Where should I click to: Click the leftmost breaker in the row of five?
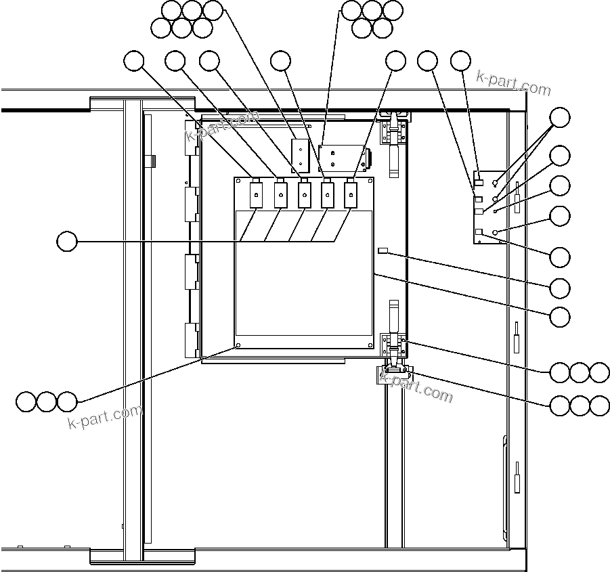[x=257, y=195]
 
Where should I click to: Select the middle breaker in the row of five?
[x=304, y=195]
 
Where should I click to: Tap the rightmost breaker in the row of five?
[x=351, y=195]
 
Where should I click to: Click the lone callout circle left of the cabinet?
[x=66, y=242]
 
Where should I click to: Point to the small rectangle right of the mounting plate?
[x=383, y=251]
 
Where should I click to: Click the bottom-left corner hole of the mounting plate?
[x=238, y=345]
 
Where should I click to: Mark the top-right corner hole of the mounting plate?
[x=370, y=181]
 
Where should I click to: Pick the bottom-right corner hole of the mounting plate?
[x=370, y=345]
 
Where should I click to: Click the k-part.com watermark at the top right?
[x=514, y=83]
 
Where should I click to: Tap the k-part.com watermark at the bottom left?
[x=106, y=416]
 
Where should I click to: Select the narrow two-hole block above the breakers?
[x=299, y=156]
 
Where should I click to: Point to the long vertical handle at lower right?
[x=505, y=483]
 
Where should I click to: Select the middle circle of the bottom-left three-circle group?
[x=46, y=401]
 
